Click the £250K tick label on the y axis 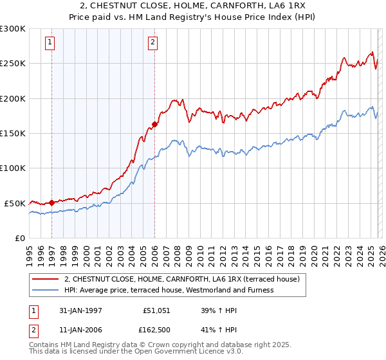coord(13,64)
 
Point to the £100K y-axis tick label coord(13,168)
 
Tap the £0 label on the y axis coord(19,238)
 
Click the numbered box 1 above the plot coord(50,43)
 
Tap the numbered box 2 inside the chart coord(152,43)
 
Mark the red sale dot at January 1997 coord(51,202)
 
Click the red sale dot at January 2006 coord(154,125)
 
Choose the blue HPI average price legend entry coord(169,290)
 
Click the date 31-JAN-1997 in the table coord(81,310)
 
